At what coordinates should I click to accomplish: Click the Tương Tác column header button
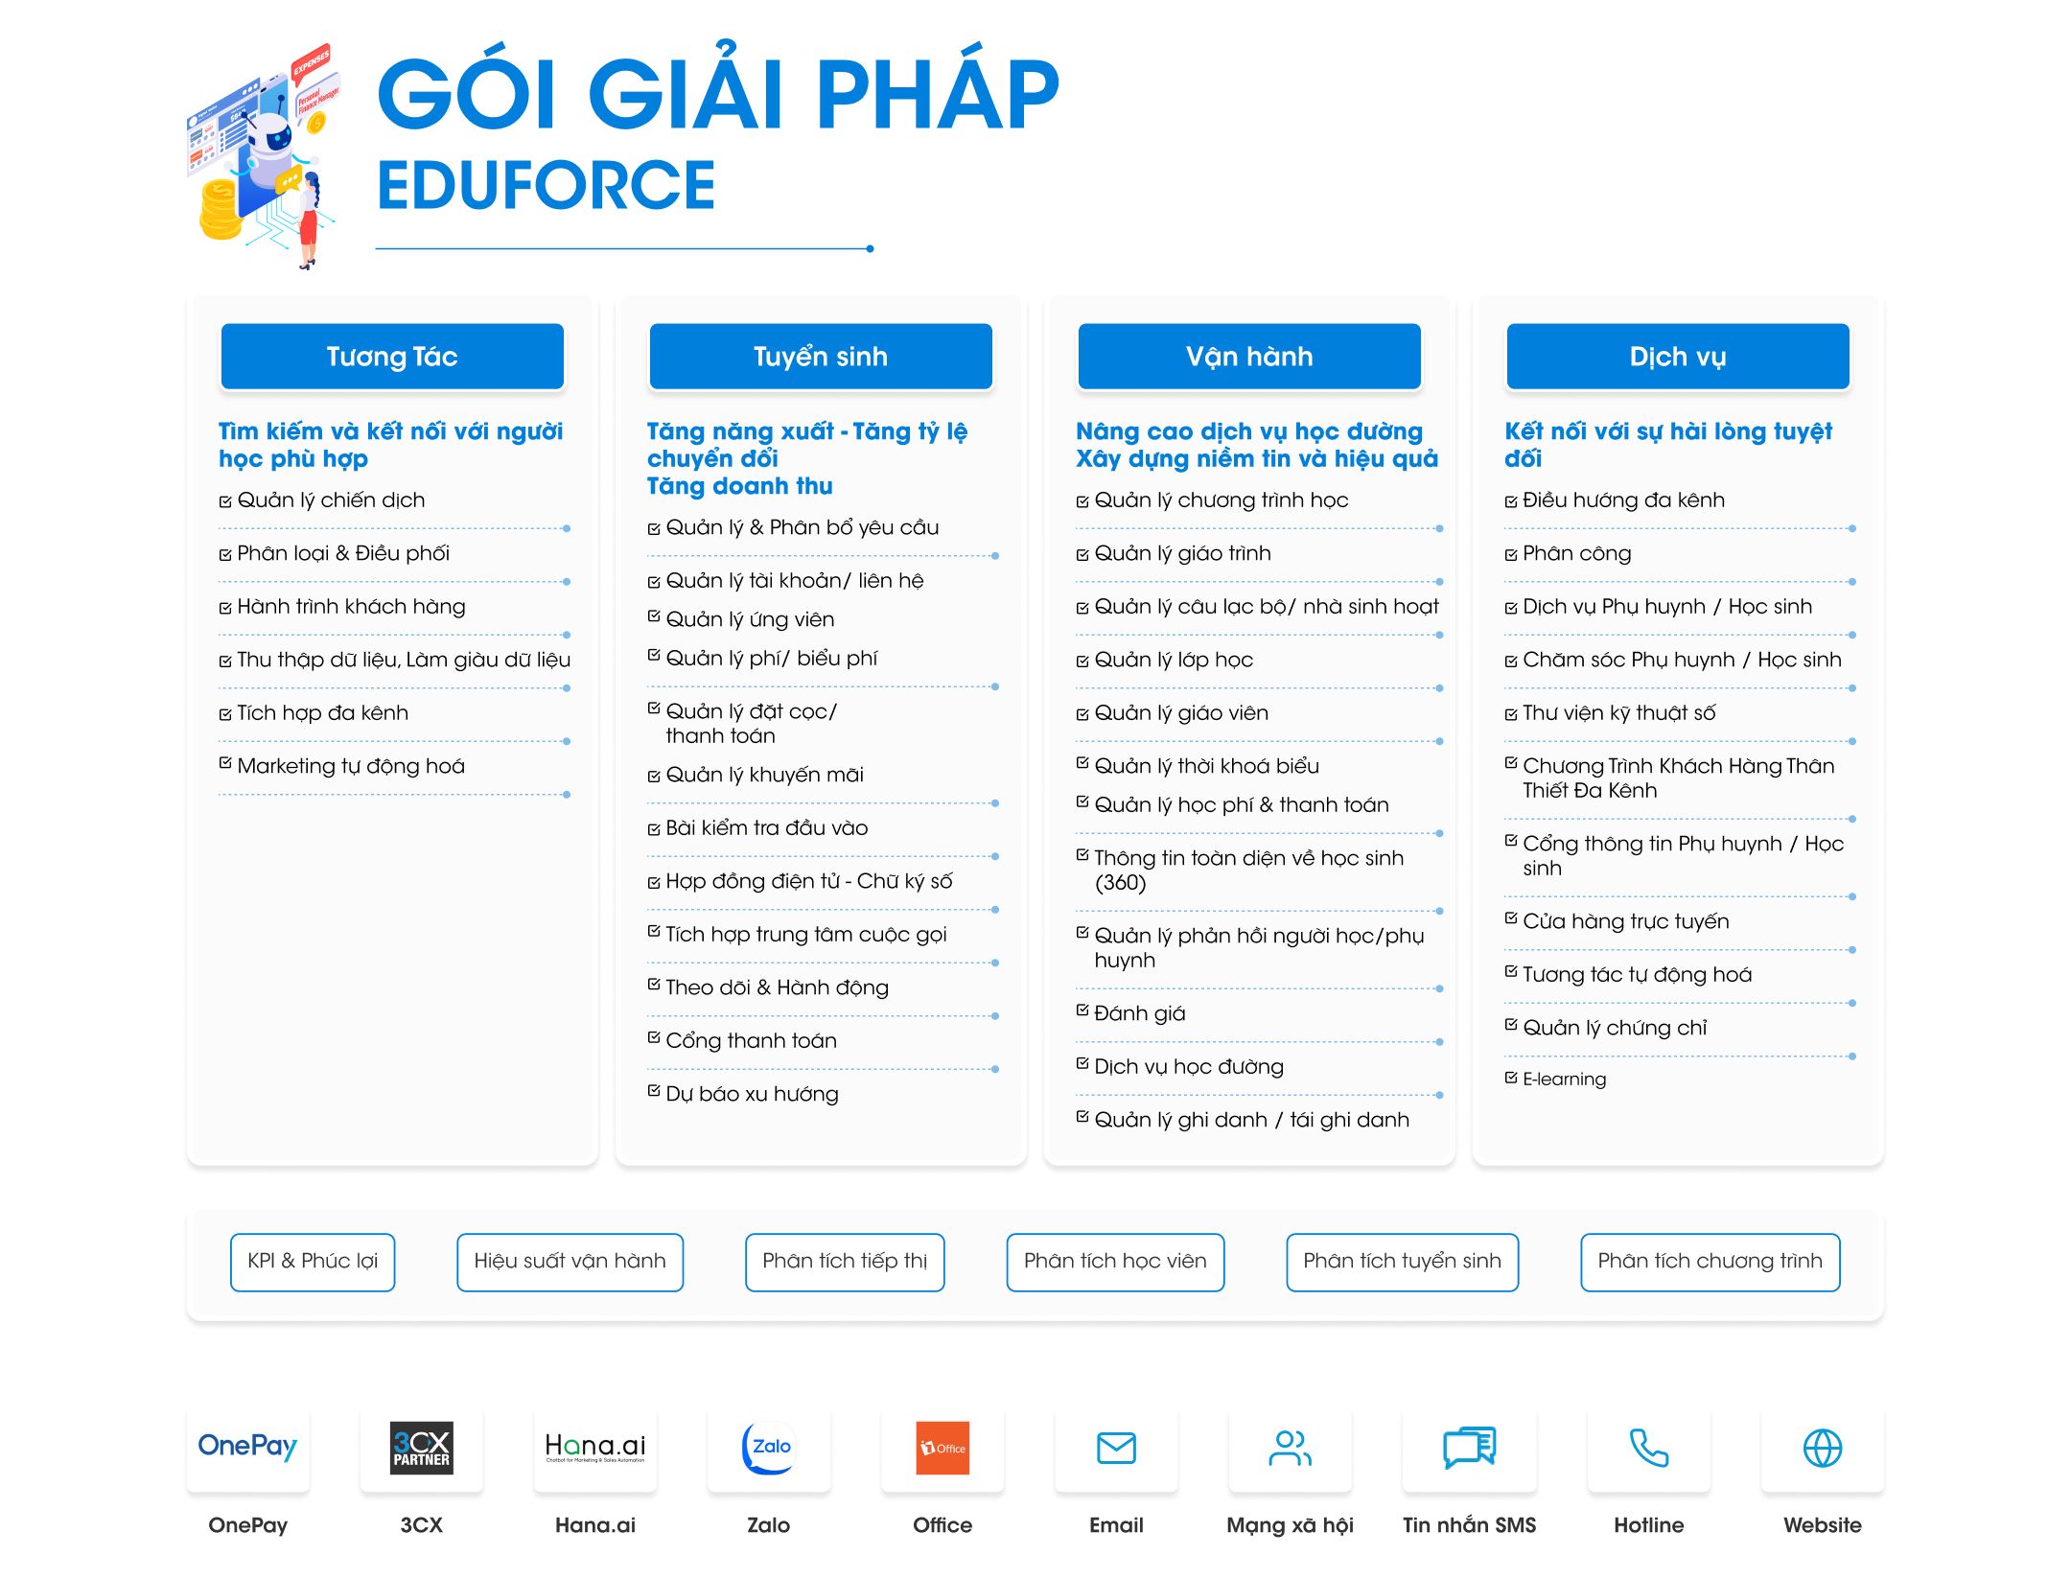(x=392, y=357)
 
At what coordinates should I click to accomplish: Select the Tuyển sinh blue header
(x=821, y=357)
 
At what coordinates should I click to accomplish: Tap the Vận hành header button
(x=1249, y=357)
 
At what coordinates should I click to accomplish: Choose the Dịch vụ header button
(x=1678, y=357)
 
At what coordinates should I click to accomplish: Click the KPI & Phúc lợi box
(x=313, y=1262)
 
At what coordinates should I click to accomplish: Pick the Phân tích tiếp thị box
(x=845, y=1262)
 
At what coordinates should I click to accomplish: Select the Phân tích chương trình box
(x=1710, y=1262)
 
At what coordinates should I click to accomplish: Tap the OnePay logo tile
(x=247, y=1447)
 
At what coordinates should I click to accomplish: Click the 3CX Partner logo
(x=422, y=1448)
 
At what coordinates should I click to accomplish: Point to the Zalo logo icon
(x=768, y=1448)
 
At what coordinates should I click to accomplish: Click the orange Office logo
(x=942, y=1448)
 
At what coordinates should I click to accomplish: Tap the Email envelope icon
(x=1116, y=1448)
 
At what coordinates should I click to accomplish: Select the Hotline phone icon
(x=1649, y=1448)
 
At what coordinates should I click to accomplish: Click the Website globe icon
(x=1823, y=1448)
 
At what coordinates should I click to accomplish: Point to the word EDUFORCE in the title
(x=547, y=185)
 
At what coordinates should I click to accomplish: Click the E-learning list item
(x=1564, y=1079)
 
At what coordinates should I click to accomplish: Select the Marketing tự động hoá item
(x=351, y=766)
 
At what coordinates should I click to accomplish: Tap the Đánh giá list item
(x=1140, y=1013)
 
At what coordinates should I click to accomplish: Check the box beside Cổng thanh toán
(x=654, y=1037)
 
